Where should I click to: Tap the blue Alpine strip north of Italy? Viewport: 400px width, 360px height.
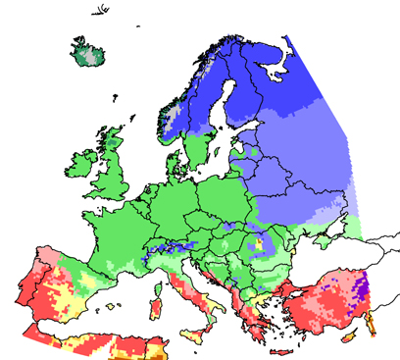point(157,258)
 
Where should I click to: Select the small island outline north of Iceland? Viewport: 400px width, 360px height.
point(103,13)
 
